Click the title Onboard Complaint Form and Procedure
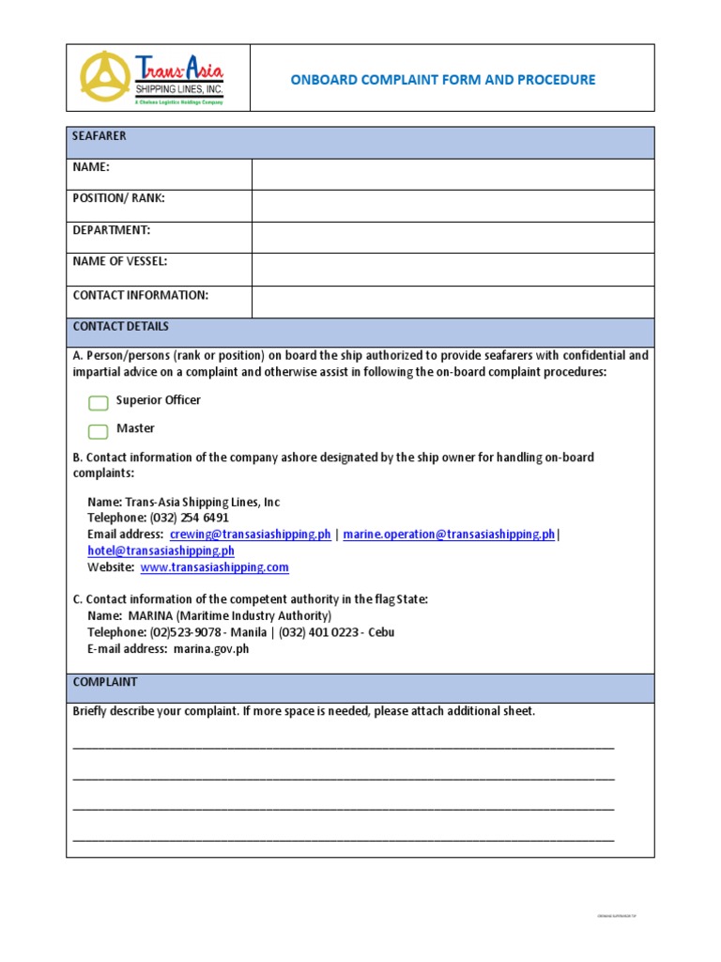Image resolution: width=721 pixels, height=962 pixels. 442,80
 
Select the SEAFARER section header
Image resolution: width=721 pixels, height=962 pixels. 100,136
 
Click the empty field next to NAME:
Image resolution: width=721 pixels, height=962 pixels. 453,174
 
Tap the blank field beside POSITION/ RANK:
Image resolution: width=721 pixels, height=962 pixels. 453,206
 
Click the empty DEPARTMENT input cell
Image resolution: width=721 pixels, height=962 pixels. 453,238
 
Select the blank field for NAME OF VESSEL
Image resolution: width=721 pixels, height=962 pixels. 453,270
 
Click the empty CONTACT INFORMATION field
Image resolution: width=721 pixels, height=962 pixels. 453,302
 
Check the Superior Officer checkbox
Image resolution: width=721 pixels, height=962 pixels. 99,403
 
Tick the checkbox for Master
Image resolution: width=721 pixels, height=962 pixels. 99,431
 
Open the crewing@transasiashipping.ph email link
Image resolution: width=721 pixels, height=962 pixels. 251,535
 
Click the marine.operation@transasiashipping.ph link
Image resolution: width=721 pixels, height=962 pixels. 449,535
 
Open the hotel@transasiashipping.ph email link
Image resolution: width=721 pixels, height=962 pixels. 161,551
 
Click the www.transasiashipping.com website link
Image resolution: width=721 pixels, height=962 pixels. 214,567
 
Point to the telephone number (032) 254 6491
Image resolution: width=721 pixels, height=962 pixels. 190,518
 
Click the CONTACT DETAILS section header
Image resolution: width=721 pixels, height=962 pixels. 121,327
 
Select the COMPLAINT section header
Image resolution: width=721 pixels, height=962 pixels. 105,682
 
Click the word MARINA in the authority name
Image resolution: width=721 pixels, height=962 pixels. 150,616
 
